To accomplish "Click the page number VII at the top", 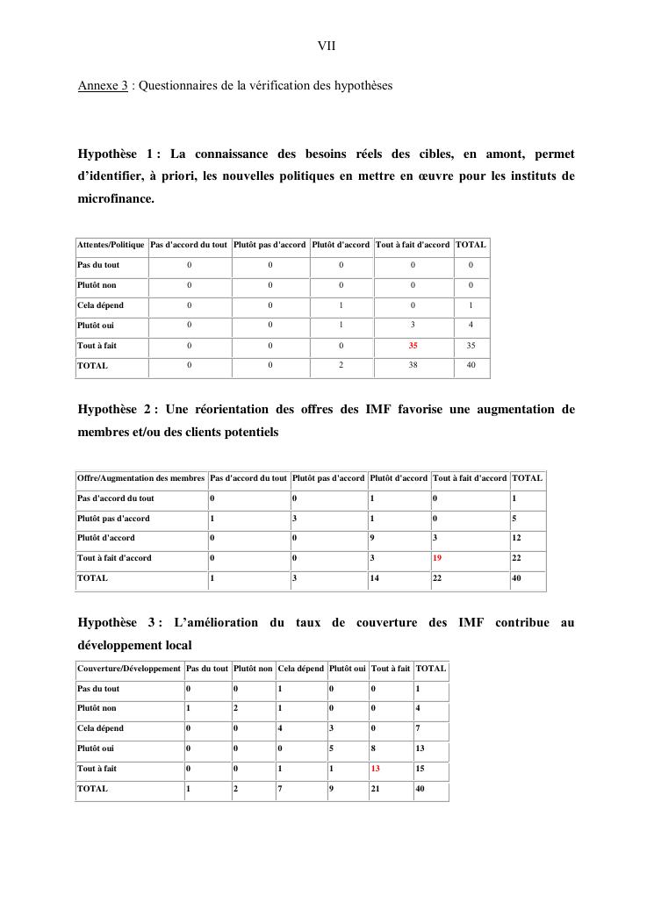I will (x=327, y=45).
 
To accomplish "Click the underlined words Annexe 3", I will (x=104, y=86).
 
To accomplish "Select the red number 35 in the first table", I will (x=413, y=346).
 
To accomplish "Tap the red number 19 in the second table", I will (x=438, y=558).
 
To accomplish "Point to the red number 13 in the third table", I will (x=377, y=769).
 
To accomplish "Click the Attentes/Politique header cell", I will (x=111, y=245).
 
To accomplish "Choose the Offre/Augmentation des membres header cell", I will (x=140, y=478).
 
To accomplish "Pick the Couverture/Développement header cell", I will (x=129, y=669).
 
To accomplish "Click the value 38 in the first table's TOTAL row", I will (x=413, y=366).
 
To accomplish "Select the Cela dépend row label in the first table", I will (x=100, y=305).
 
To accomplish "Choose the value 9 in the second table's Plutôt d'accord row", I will (x=373, y=538).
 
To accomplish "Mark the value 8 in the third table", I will (x=374, y=749).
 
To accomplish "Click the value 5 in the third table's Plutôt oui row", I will (x=332, y=749).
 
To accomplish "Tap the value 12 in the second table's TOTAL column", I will (x=516, y=538).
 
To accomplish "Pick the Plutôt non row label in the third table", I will (x=97, y=708).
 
